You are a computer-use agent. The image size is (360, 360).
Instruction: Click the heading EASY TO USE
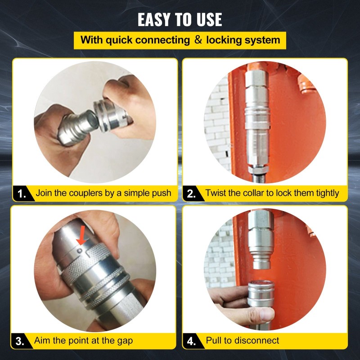[180, 19]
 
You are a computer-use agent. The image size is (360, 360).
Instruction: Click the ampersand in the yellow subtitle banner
[198, 40]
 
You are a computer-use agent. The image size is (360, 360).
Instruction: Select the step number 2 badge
[191, 193]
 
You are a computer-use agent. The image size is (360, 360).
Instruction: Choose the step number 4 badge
[191, 341]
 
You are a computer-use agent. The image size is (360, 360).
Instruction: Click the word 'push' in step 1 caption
[161, 193]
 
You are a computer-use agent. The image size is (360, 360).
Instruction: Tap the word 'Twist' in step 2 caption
[216, 193]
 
